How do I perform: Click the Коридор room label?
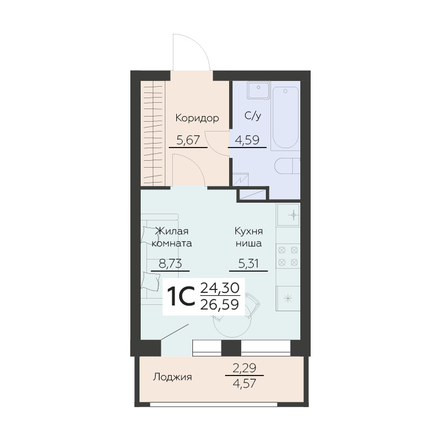coord(197,118)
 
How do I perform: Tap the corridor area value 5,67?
coord(188,140)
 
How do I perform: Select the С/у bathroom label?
coord(253,115)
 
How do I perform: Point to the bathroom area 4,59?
coord(247,140)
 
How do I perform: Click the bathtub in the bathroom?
coord(285,118)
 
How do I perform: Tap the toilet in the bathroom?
coord(287,166)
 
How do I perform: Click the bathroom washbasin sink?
coord(258,90)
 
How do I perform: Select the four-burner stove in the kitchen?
coord(288,256)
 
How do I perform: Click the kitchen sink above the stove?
coord(288,215)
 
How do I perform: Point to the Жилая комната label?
coord(172,237)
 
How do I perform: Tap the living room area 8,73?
coord(170,264)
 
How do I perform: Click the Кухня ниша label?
coord(249,237)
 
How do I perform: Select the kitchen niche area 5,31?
coord(248,264)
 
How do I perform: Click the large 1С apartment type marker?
coord(180,297)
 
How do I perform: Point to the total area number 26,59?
coord(220,304)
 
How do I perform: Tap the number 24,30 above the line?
coord(220,288)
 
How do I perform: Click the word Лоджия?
coord(172,377)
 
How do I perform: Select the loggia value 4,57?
coord(245,384)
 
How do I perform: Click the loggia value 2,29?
coord(245,368)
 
